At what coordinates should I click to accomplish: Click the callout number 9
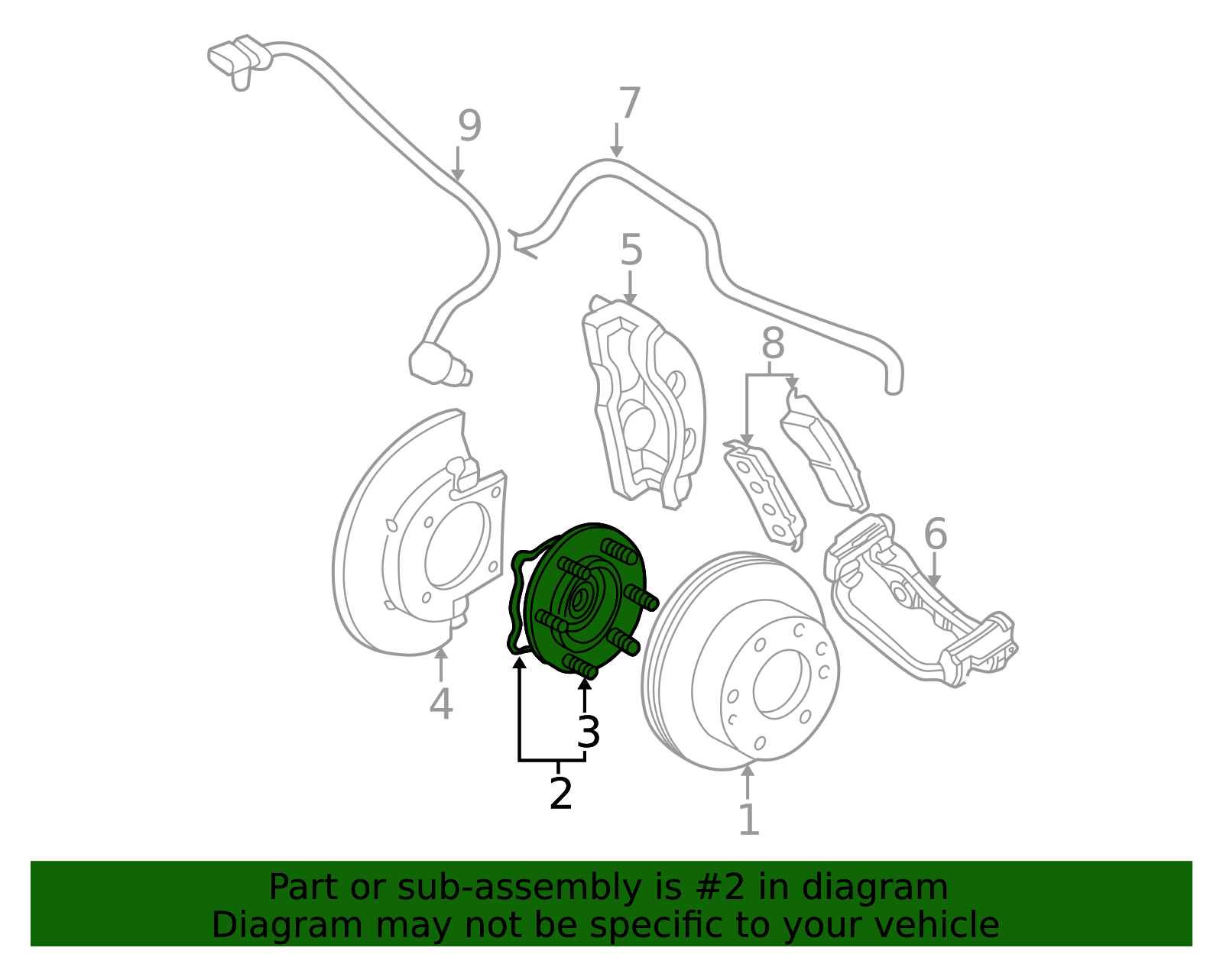(469, 125)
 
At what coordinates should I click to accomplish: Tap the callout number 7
(629, 102)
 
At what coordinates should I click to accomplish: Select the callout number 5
(631, 250)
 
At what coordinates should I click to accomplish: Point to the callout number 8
(773, 342)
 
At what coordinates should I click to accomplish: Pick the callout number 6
(936, 533)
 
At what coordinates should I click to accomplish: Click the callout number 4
(441, 703)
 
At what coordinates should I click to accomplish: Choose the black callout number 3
(588, 732)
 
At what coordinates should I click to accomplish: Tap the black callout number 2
(560, 793)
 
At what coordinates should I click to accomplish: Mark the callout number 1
(749, 819)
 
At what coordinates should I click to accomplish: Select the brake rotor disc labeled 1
(741, 661)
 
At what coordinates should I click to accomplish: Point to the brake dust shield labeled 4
(420, 534)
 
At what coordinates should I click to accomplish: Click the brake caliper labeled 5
(644, 403)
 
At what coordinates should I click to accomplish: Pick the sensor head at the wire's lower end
(439, 364)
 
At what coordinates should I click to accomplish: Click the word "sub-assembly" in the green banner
(519, 888)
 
